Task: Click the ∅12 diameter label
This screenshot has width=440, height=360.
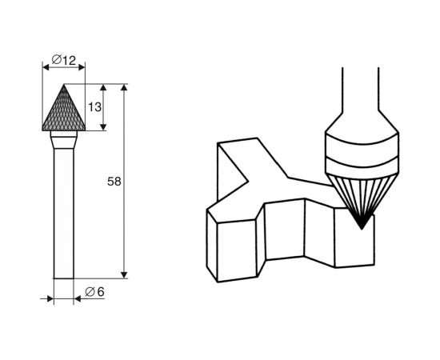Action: (63, 59)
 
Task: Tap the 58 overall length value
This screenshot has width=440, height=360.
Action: (114, 182)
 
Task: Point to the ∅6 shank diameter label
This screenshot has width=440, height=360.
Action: (94, 291)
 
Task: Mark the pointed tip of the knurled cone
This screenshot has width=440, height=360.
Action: (64, 84)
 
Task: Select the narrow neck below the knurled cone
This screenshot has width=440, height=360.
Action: (64, 142)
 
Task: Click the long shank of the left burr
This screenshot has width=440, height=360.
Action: (64, 216)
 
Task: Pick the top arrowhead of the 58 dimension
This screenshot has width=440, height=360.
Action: (125, 87)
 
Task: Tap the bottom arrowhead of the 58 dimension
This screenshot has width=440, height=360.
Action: (125, 274)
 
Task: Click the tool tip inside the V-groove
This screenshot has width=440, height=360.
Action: (362, 227)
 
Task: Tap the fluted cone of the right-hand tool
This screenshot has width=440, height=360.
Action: (362, 192)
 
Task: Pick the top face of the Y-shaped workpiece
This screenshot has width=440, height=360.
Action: (264, 180)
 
